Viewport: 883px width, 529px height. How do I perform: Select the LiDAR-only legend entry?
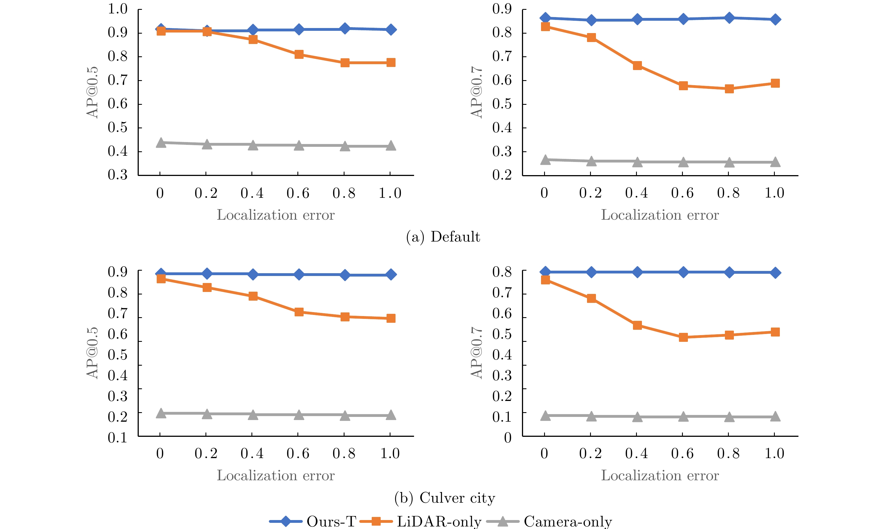tap(421, 521)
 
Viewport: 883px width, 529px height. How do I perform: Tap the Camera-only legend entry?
tap(549, 521)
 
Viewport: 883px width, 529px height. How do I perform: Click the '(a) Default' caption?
tap(443, 237)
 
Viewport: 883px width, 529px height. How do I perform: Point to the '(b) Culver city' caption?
tap(445, 498)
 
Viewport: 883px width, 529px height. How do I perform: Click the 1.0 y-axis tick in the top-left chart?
tap(117, 9)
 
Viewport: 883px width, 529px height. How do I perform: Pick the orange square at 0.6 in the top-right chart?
tap(683, 85)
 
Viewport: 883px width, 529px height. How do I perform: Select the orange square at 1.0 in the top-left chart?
tap(391, 62)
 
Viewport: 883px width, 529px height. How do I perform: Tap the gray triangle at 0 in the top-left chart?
tap(161, 143)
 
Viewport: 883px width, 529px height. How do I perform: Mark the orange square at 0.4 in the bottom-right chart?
tap(637, 325)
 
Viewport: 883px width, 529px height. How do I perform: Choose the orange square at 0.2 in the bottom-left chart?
tap(207, 287)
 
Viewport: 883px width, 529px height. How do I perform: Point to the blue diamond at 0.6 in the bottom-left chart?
tap(299, 275)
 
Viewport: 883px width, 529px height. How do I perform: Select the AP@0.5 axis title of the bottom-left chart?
tap(92, 353)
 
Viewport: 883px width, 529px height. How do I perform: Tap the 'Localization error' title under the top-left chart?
tap(276, 215)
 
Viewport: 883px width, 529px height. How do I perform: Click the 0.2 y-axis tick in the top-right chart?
tap(502, 175)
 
